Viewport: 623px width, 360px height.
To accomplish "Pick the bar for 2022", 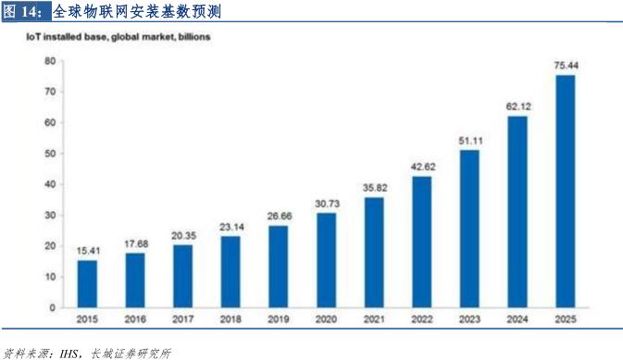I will [421, 241].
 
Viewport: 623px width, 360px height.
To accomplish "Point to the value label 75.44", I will [565, 65].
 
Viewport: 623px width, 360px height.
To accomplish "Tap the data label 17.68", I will [135, 243].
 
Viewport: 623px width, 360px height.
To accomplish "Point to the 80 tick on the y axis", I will [50, 61].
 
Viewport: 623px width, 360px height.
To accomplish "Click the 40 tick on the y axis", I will [50, 184].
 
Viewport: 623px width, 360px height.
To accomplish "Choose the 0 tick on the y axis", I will [53, 307].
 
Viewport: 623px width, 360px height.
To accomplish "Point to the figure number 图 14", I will [21, 13].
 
